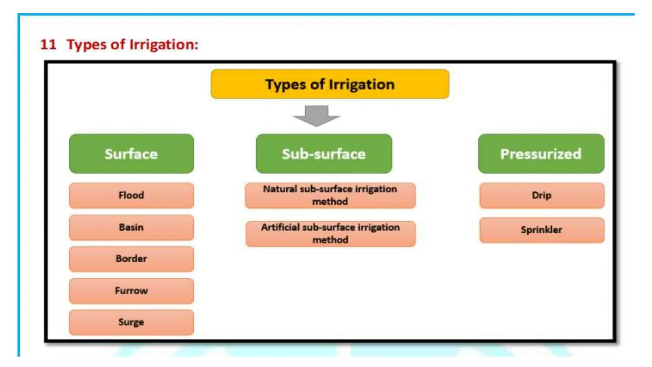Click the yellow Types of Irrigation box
coord(330,84)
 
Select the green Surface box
coord(131,154)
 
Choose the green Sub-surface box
coord(324,154)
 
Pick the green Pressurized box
coord(541,154)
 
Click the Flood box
coord(131,195)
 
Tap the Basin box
coord(131,227)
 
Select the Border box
coord(131,259)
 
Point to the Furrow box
coord(131,291)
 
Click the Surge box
coord(131,322)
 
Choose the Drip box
coord(542,195)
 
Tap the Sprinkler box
coord(542,230)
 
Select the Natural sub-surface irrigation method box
coord(330,195)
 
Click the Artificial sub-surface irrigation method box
coord(330,234)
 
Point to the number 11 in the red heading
coord(48,44)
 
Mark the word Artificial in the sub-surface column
coord(280,227)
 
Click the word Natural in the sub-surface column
coord(280,189)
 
